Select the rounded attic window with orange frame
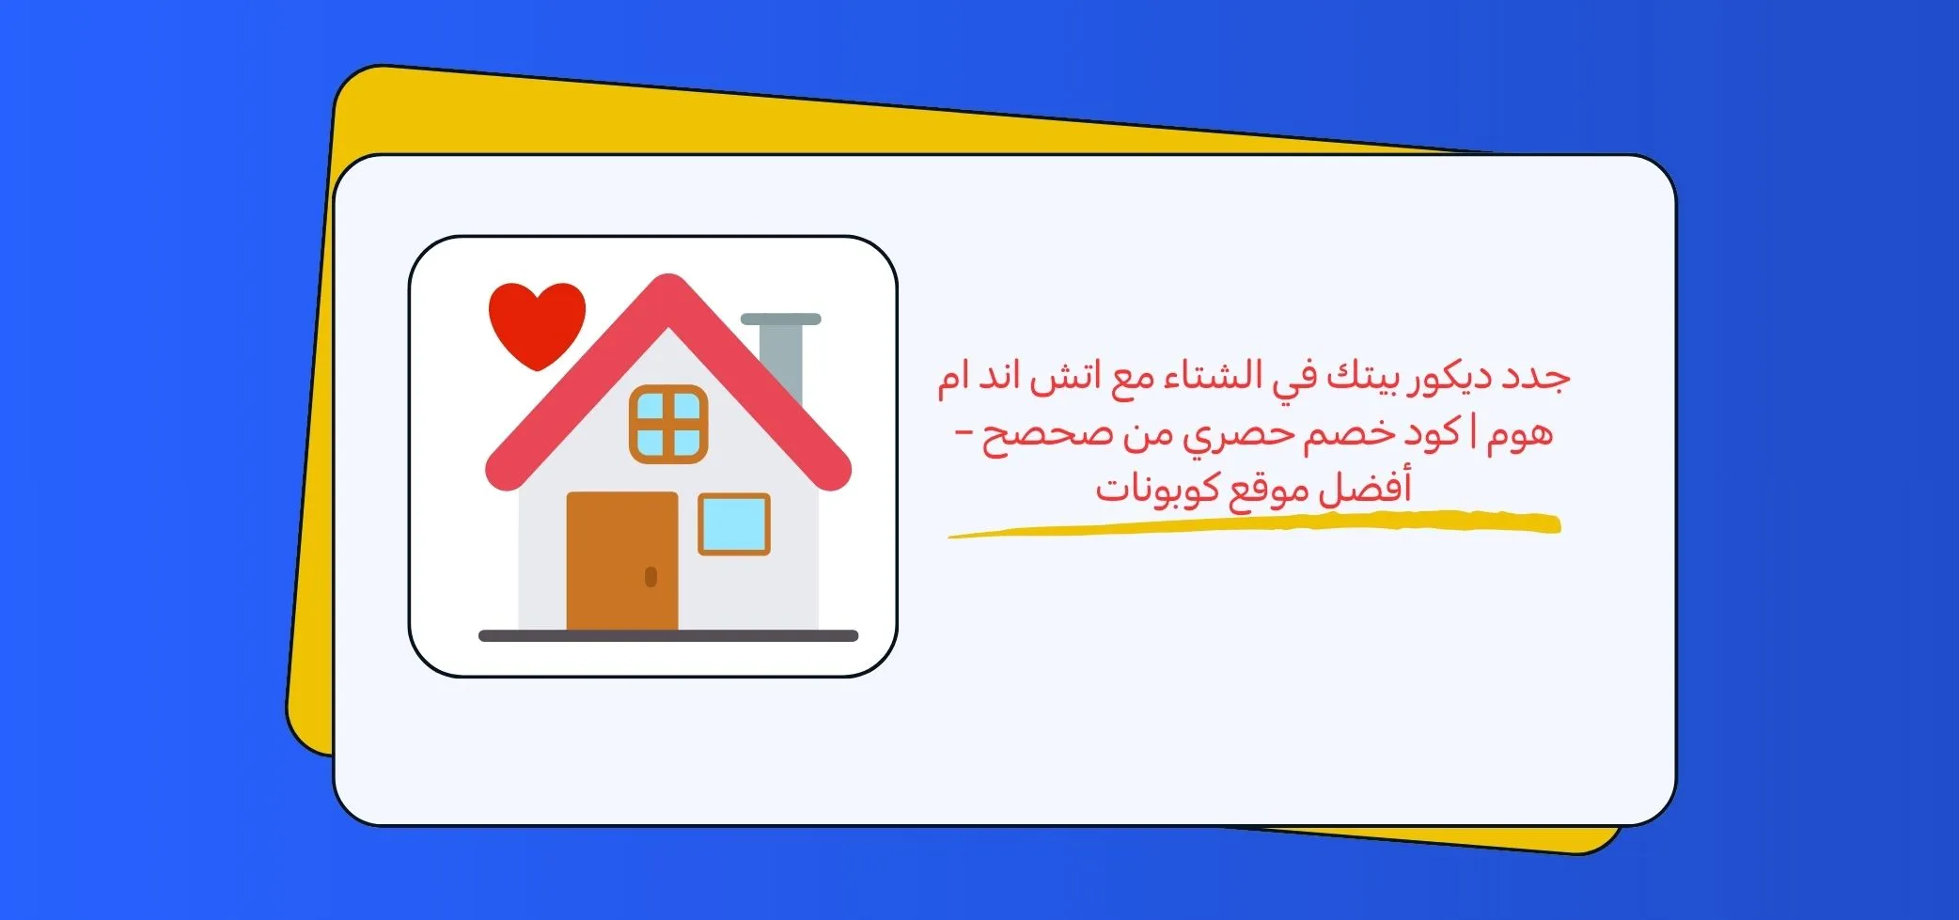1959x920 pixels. [x=668, y=424]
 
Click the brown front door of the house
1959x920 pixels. [x=621, y=561]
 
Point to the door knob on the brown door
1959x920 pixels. [x=650, y=576]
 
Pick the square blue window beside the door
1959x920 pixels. [x=734, y=523]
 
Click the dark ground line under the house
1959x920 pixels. [x=668, y=636]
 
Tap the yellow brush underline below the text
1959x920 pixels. [x=1254, y=524]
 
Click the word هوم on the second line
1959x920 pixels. [x=1520, y=435]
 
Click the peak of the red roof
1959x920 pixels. [x=668, y=278]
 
